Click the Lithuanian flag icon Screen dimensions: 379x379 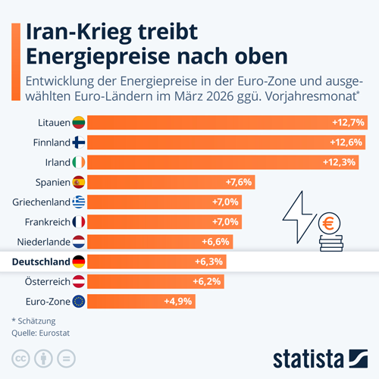[79, 122]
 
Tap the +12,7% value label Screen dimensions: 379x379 [348, 122]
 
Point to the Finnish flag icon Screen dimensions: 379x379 [79, 142]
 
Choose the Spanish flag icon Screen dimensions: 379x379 [79, 182]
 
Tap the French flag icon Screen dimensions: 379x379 [79, 221]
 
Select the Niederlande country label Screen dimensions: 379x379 [42, 242]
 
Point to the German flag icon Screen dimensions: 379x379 [79, 262]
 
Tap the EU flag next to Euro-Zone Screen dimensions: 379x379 [79, 302]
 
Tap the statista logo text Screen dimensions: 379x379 [308, 356]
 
